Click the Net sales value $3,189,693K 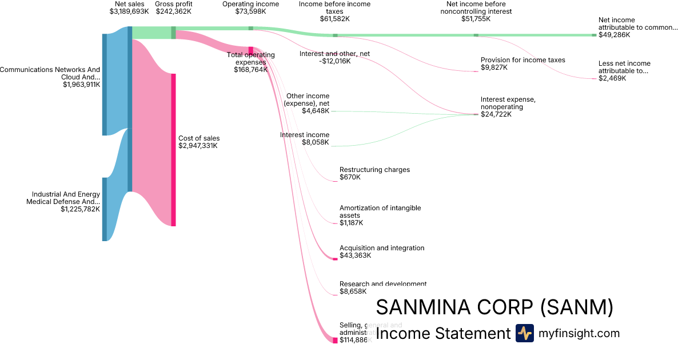(129, 11)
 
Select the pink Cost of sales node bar (173, 150)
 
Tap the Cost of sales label (199, 138)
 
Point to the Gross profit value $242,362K (174, 11)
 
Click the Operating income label (250, 4)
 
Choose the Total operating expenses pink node (250, 51)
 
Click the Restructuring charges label (374, 170)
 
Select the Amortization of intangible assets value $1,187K (351, 223)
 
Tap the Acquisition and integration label (382, 248)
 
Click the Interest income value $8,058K (316, 142)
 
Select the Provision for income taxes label (523, 60)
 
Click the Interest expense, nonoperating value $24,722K (496, 114)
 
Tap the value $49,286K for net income (614, 35)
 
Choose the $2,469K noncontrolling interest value (612, 78)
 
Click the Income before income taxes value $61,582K (335, 19)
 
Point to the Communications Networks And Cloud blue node (105, 85)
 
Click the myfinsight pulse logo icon (524, 333)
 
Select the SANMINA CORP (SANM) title (494, 307)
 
